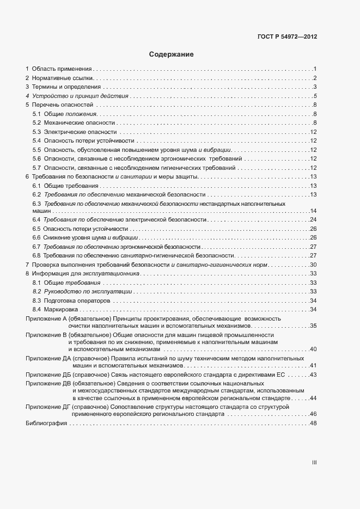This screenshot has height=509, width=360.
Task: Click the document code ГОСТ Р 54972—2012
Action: point(287,37)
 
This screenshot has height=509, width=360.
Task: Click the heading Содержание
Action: point(171,54)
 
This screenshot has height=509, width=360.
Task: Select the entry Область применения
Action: point(62,69)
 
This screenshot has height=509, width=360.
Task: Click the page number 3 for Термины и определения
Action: point(315,87)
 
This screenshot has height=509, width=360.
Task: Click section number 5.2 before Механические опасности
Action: point(37,123)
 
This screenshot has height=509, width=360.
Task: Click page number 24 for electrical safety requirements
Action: point(313,219)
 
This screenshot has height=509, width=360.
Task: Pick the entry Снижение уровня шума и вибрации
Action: point(91,237)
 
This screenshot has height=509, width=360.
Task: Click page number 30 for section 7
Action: point(313,264)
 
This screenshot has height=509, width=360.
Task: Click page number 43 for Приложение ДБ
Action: point(313,376)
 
